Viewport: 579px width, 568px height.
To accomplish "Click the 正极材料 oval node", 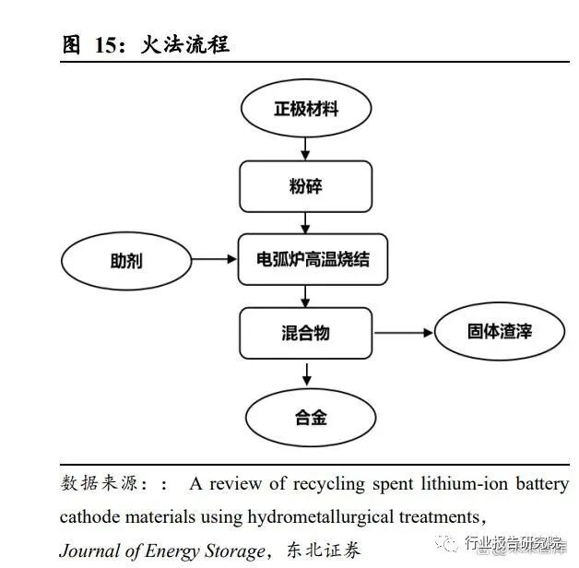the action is click(305, 109).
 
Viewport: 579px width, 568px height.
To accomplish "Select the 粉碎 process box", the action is click(305, 186).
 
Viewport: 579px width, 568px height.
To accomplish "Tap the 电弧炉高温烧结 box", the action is click(313, 258).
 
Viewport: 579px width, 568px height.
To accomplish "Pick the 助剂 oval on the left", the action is click(125, 259).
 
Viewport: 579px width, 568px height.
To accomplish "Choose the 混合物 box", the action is click(305, 333).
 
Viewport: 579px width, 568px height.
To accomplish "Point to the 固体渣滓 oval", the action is click(499, 330).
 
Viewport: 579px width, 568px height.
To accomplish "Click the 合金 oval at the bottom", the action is click(310, 417).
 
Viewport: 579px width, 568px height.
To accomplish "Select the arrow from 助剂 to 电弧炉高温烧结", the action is click(214, 259).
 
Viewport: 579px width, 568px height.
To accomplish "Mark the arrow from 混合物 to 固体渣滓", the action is click(402, 331).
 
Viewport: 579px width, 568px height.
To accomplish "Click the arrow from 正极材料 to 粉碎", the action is click(305, 148).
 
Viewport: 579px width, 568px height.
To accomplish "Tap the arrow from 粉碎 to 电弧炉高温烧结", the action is click(305, 222).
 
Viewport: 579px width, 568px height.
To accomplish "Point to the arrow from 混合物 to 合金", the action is click(306, 373).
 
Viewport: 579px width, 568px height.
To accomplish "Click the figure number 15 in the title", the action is click(106, 45).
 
